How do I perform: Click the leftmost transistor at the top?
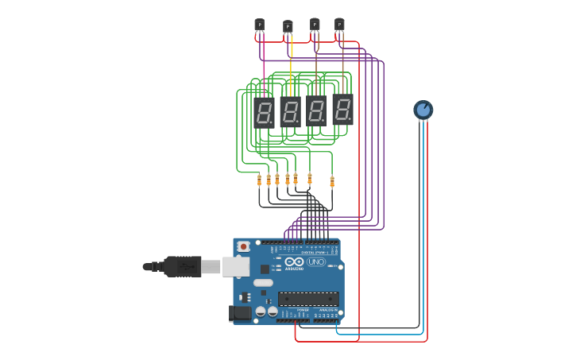click(259, 25)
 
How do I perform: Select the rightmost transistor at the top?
click(339, 24)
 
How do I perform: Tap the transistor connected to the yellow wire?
click(288, 26)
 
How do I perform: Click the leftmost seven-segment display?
click(264, 113)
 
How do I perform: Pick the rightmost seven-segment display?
click(342, 109)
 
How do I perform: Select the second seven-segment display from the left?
click(290, 112)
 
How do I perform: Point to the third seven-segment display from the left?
click(316, 110)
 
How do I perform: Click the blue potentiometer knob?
click(423, 110)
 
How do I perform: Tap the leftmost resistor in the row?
click(259, 180)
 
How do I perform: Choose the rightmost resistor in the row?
click(332, 181)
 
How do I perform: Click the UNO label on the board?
click(316, 261)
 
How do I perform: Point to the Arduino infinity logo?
click(295, 261)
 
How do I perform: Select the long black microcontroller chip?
click(308, 299)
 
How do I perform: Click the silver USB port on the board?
click(236, 266)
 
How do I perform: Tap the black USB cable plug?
click(181, 266)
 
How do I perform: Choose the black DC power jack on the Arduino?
click(239, 313)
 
